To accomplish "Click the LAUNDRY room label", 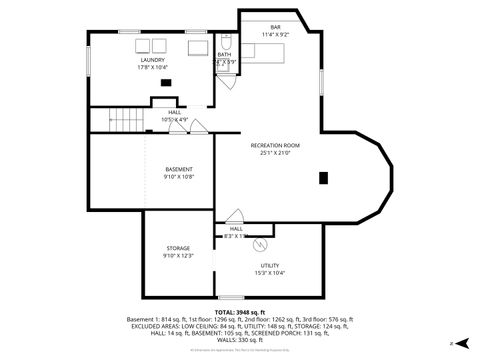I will [x=152, y=60].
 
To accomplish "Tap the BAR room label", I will [x=274, y=26].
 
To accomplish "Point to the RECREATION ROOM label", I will [x=274, y=145].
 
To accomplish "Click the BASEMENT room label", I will [x=179, y=169].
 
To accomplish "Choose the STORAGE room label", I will [x=178, y=248].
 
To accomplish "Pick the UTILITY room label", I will [x=266, y=264].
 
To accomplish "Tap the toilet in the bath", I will [x=226, y=42].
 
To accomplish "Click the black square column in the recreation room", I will [x=322, y=178].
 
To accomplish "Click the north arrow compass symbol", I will [x=462, y=342].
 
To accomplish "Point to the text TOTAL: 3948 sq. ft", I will [x=239, y=312].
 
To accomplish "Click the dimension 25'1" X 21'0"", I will [x=274, y=153].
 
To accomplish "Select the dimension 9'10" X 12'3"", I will [x=178, y=256].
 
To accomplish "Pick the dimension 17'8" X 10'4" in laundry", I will [x=152, y=68].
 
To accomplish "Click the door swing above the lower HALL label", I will [x=235, y=216].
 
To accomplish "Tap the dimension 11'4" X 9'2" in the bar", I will [x=274, y=35].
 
